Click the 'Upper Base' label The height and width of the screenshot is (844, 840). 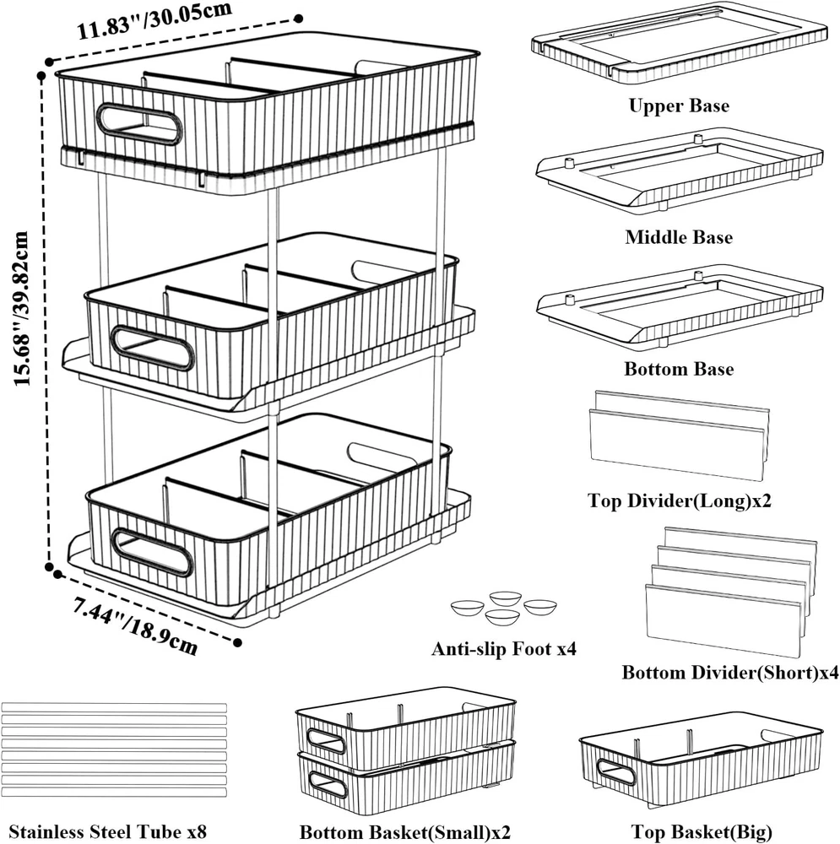click(678, 106)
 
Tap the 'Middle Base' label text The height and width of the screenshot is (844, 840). click(678, 238)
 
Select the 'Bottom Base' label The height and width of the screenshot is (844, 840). click(678, 370)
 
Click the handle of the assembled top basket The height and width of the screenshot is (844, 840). click(138, 124)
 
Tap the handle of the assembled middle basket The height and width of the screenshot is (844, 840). click(153, 348)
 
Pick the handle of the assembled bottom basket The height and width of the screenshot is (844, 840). click(153, 552)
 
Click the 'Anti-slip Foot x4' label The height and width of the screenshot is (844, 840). click(504, 649)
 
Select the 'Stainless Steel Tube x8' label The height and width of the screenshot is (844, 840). click(107, 832)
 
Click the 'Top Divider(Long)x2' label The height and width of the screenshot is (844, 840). click(680, 501)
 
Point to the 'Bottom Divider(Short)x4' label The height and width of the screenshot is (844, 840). click(730, 673)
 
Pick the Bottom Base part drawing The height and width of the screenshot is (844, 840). click(679, 306)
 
